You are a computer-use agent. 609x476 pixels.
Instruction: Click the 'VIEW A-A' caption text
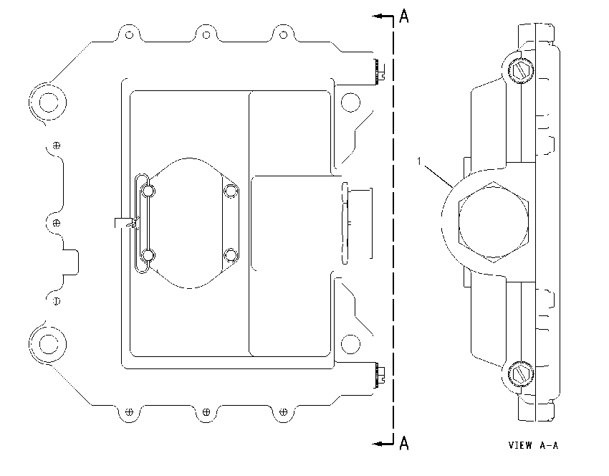click(x=533, y=445)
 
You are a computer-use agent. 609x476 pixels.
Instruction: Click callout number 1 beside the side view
click(x=419, y=161)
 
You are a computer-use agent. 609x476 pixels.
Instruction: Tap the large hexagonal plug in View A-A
click(x=493, y=222)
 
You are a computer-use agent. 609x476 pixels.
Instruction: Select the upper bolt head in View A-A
click(x=520, y=71)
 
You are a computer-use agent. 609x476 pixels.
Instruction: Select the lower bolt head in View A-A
click(x=520, y=373)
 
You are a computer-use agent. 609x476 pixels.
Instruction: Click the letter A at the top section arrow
click(x=404, y=16)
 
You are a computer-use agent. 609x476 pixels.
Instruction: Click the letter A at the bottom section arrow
click(x=404, y=443)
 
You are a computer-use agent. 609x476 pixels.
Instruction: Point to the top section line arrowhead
click(x=378, y=16)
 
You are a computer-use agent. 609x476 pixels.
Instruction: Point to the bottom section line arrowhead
click(x=378, y=443)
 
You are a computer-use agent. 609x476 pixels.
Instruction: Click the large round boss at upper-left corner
click(x=49, y=103)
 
